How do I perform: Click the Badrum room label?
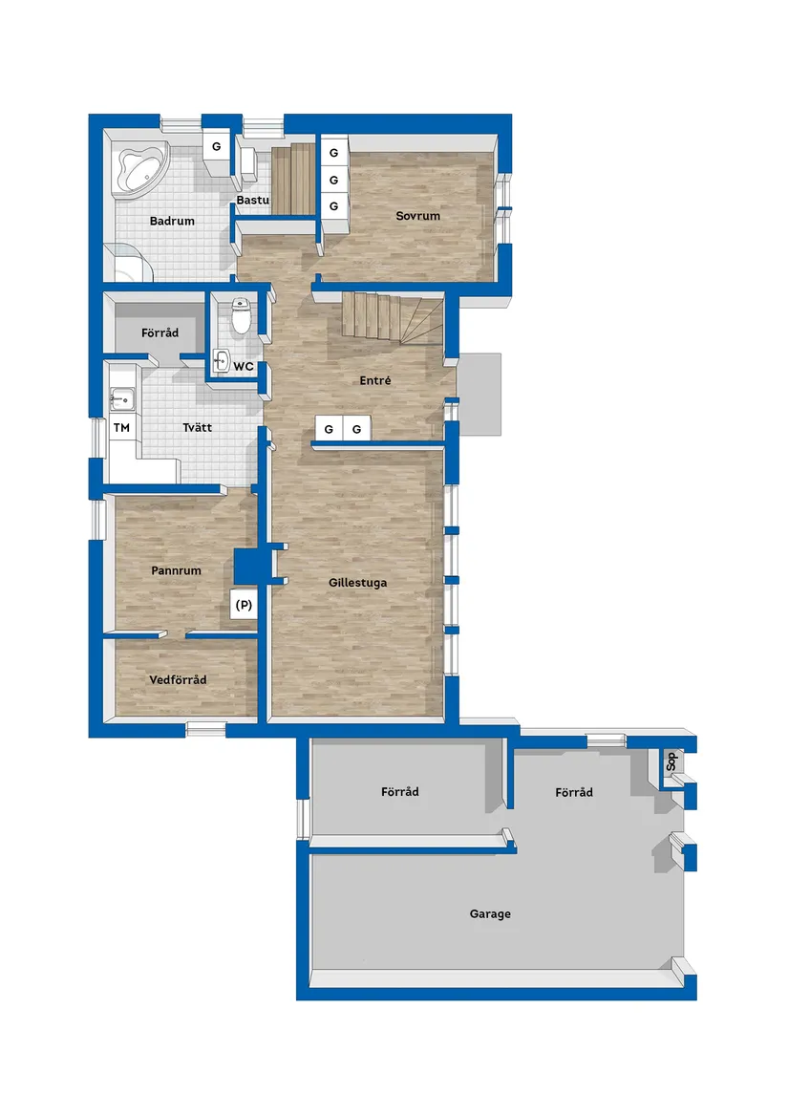pyautogui.click(x=172, y=221)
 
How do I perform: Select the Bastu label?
pyautogui.click(x=252, y=200)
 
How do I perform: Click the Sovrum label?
pyautogui.click(x=418, y=216)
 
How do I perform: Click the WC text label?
pyautogui.click(x=244, y=367)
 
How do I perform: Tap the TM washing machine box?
pyautogui.click(x=121, y=427)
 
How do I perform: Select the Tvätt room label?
pyautogui.click(x=197, y=427)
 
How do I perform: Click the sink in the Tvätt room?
pyautogui.click(x=121, y=399)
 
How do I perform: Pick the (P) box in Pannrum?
pyautogui.click(x=244, y=605)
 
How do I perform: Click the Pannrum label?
pyautogui.click(x=177, y=570)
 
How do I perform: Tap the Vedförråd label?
pyautogui.click(x=178, y=680)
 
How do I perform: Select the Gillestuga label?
pyautogui.click(x=358, y=583)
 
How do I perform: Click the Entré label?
pyautogui.click(x=375, y=380)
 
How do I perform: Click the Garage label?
pyautogui.click(x=490, y=913)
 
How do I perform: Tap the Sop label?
pyautogui.click(x=671, y=762)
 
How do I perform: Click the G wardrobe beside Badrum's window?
pyautogui.click(x=216, y=146)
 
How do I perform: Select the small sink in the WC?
pyautogui.click(x=221, y=360)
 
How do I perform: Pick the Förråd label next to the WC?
pyautogui.click(x=160, y=332)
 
